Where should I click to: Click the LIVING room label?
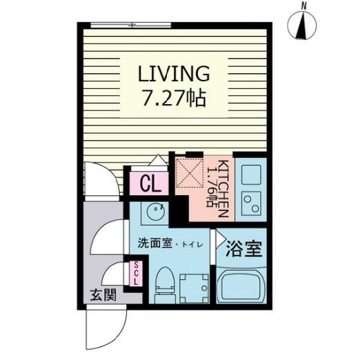174,74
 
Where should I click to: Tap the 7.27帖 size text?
174,99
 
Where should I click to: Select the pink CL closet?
150,183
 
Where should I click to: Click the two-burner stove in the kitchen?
251,203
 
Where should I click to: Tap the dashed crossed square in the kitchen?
190,172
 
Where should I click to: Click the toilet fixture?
164,285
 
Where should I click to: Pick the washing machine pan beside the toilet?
194,288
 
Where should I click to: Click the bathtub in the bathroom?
241,285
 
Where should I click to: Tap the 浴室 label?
244,249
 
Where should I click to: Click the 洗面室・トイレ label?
170,244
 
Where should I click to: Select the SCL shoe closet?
136,274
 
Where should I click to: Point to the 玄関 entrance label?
103,295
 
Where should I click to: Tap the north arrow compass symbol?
302,26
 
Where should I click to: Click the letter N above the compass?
304,6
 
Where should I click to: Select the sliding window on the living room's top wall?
131,25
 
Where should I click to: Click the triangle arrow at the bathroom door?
220,239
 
